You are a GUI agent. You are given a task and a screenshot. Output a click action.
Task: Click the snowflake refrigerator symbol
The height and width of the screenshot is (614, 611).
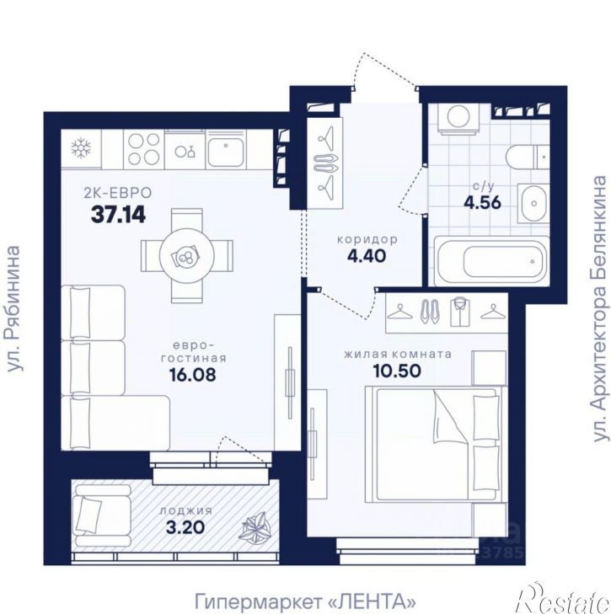coord(81,149)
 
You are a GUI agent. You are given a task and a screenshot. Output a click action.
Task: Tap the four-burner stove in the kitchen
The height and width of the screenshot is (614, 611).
coord(144,150)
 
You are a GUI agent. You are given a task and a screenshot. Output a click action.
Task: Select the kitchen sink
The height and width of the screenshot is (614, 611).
coord(226,150)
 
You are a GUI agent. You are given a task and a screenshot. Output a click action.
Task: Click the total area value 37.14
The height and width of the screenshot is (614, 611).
coord(118,215)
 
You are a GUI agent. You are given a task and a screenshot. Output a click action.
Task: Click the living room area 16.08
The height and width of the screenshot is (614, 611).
coord(192,375)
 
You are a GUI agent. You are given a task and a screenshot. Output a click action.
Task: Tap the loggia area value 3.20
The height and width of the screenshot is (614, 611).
coord(185,527)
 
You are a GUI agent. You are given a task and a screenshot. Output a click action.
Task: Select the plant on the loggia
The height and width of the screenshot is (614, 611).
coord(255,526)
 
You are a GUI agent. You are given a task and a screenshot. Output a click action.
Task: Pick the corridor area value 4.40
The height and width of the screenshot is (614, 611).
coord(367,256)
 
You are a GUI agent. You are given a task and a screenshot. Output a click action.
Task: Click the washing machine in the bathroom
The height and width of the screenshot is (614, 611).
coord(459,117)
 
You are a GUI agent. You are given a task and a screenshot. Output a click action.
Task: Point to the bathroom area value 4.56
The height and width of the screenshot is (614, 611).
coord(483,202)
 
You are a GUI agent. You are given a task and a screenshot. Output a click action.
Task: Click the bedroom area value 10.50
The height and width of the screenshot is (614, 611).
coord(397,371)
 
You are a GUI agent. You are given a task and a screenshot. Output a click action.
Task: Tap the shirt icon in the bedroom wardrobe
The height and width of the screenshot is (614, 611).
coord(459,312)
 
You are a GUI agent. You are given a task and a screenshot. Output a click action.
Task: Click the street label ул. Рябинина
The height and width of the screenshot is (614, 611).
coord(13,309)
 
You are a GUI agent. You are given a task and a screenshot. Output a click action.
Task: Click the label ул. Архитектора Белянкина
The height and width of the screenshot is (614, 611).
coord(600,309)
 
